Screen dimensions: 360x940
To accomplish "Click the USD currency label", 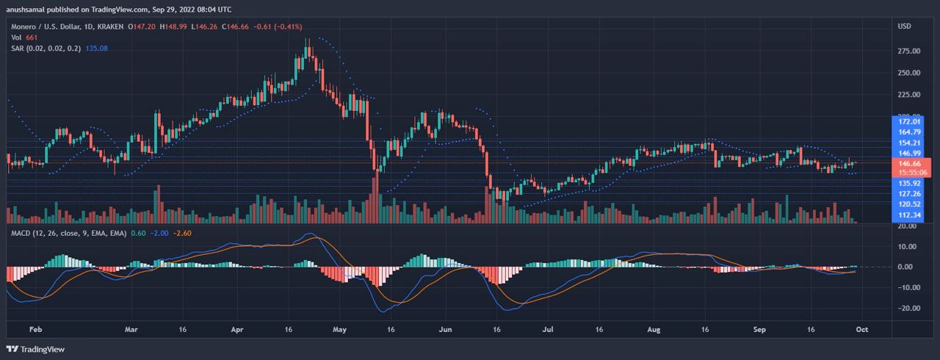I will tap(904, 26).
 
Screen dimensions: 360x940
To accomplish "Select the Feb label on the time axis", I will tap(35, 330).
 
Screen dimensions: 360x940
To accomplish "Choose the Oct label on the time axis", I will tap(862, 330).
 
